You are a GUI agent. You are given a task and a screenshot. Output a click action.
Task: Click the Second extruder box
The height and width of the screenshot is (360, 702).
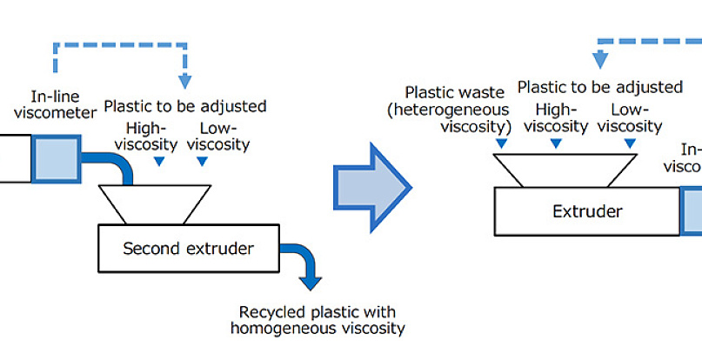(x=188, y=249)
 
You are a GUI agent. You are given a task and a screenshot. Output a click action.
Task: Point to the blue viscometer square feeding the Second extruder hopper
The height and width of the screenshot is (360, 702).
(x=55, y=158)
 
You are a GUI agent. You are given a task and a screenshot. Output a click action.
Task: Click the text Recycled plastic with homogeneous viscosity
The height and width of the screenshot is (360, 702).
(x=318, y=320)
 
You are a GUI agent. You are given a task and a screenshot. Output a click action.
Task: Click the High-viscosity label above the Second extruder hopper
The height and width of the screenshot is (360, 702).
(x=157, y=135)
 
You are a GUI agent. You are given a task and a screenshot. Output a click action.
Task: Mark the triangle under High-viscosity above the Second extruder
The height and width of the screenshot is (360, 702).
(x=157, y=161)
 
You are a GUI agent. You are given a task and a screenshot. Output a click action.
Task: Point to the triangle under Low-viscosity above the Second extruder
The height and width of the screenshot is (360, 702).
(x=202, y=161)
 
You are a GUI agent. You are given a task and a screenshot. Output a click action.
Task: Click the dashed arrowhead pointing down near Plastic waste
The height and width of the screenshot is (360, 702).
(x=599, y=60)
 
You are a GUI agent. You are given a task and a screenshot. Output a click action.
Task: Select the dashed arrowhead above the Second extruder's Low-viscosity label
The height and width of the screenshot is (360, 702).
(x=185, y=81)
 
